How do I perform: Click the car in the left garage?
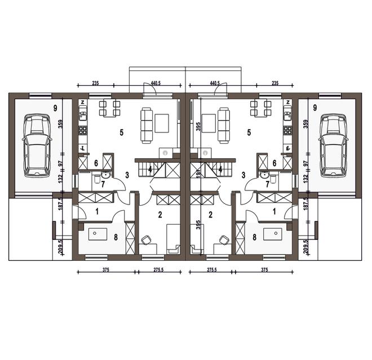click(x=37, y=145)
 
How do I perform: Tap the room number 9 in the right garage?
click(x=315, y=108)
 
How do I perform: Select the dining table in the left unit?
click(x=109, y=108)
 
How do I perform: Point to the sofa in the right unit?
click(x=224, y=126)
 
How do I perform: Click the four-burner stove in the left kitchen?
click(x=83, y=130)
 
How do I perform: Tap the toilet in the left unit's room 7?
click(x=98, y=179)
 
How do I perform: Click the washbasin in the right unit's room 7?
click(x=264, y=175)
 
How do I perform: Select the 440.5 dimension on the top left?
click(x=156, y=83)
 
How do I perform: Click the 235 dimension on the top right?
click(x=275, y=83)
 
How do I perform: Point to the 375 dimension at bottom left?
click(x=106, y=270)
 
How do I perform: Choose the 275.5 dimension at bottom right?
click(x=211, y=270)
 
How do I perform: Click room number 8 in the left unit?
click(x=116, y=237)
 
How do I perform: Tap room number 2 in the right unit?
click(x=210, y=215)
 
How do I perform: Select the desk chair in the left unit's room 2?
click(x=147, y=240)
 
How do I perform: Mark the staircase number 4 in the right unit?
click(x=220, y=170)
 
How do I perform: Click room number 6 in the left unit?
click(x=96, y=163)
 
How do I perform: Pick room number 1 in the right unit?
click(x=274, y=211)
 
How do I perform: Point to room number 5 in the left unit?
click(x=122, y=132)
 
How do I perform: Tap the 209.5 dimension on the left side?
click(x=60, y=247)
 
